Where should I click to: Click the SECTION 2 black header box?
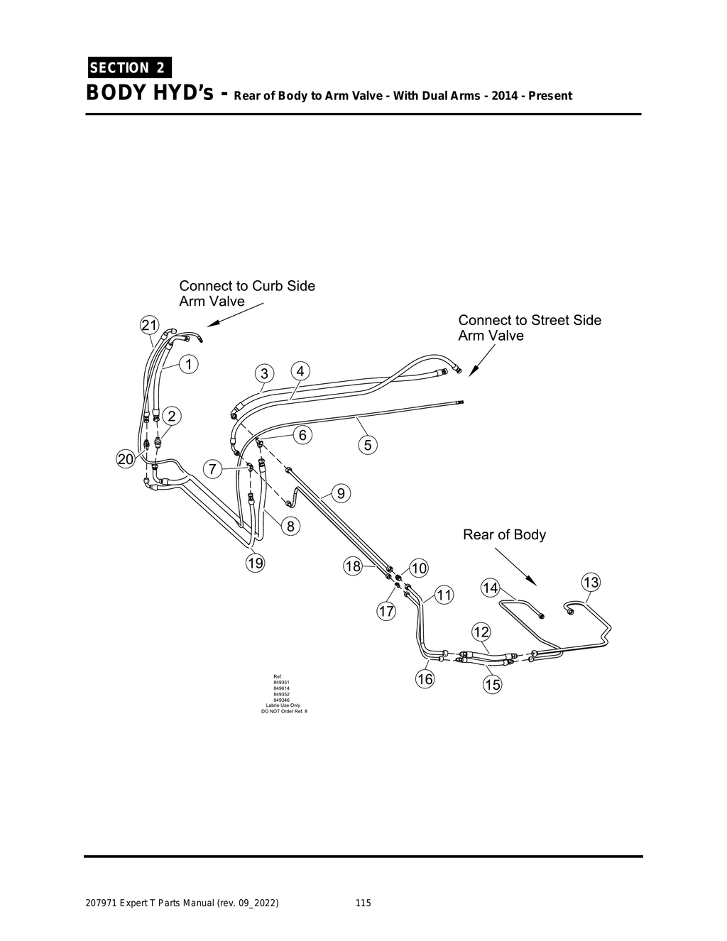(129, 68)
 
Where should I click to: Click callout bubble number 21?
(149, 326)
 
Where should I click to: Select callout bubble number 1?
(189, 364)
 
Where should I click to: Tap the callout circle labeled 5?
(368, 446)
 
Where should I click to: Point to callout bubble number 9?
(341, 492)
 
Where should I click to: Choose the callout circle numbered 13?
(591, 583)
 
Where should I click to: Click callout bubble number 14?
(490, 588)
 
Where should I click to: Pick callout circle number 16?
(425, 679)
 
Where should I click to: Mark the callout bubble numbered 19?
(255, 563)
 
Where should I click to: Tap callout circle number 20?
(125, 459)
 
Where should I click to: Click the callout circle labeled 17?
(386, 612)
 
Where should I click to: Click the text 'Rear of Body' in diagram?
(504, 534)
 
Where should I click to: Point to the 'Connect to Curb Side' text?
(247, 285)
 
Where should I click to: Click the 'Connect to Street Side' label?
(530, 320)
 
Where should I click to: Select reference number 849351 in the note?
(281, 683)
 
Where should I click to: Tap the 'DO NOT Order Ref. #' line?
(285, 711)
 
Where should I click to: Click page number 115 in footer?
(363, 903)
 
